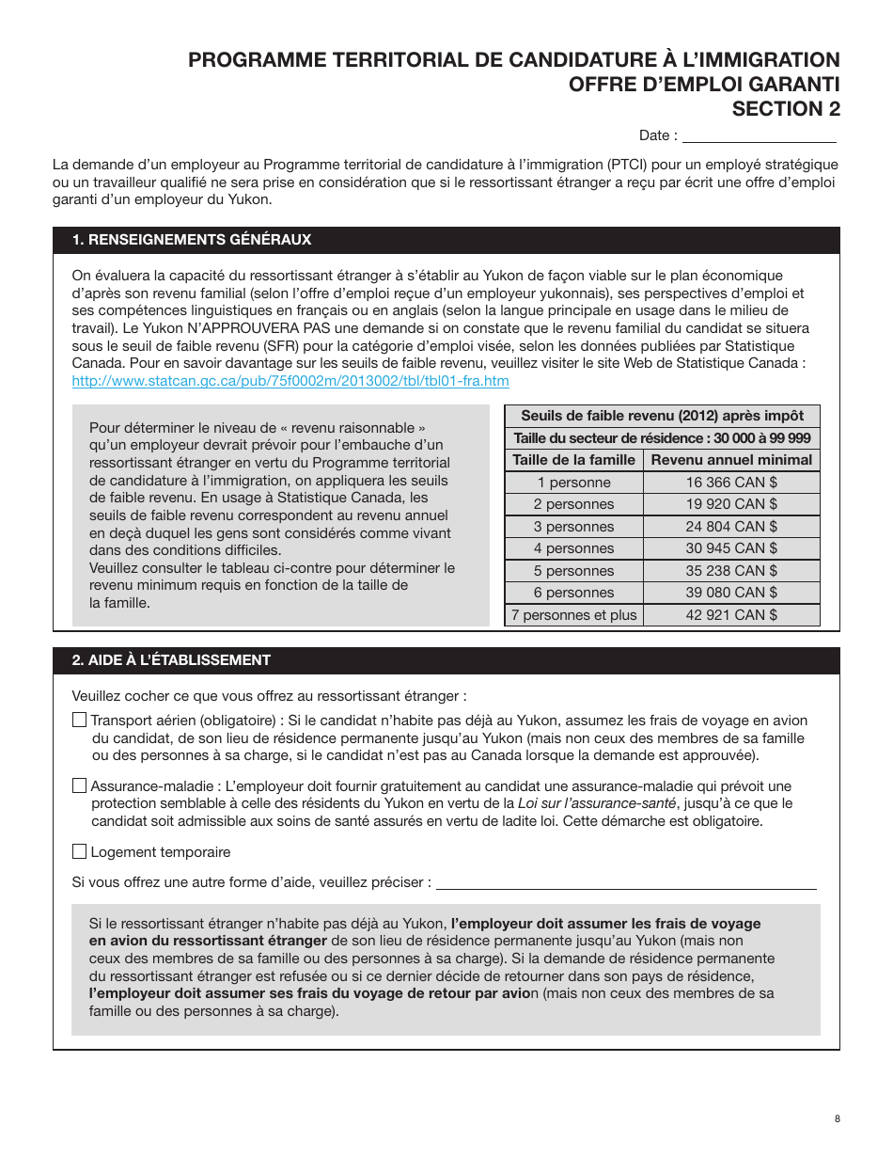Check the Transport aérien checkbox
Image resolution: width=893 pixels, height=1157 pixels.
79,721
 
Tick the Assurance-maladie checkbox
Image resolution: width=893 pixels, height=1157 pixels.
79,785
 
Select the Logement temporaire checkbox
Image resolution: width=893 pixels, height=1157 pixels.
79,852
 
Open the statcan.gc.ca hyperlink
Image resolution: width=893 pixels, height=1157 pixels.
290,381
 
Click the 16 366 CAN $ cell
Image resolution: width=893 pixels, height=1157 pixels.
731,482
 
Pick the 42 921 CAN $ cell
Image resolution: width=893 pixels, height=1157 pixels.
731,615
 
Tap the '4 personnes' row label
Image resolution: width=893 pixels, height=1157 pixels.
573,548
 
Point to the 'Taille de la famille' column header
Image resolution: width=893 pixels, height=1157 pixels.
573,460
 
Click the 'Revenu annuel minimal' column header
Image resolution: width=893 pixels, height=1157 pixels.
731,460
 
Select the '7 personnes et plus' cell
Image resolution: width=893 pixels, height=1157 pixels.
573,615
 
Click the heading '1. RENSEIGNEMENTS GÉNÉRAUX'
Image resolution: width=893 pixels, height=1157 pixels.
192,240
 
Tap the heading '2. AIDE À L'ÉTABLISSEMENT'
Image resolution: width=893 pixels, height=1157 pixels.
171,660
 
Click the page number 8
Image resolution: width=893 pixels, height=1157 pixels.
837,1118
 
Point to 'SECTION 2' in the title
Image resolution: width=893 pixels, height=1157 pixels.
786,109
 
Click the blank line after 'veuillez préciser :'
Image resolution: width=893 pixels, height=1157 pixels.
626,883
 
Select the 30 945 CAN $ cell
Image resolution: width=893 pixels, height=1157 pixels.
731,548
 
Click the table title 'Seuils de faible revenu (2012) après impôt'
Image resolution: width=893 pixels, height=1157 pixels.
662,416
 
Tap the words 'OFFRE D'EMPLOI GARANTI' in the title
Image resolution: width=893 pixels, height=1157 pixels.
703,85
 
